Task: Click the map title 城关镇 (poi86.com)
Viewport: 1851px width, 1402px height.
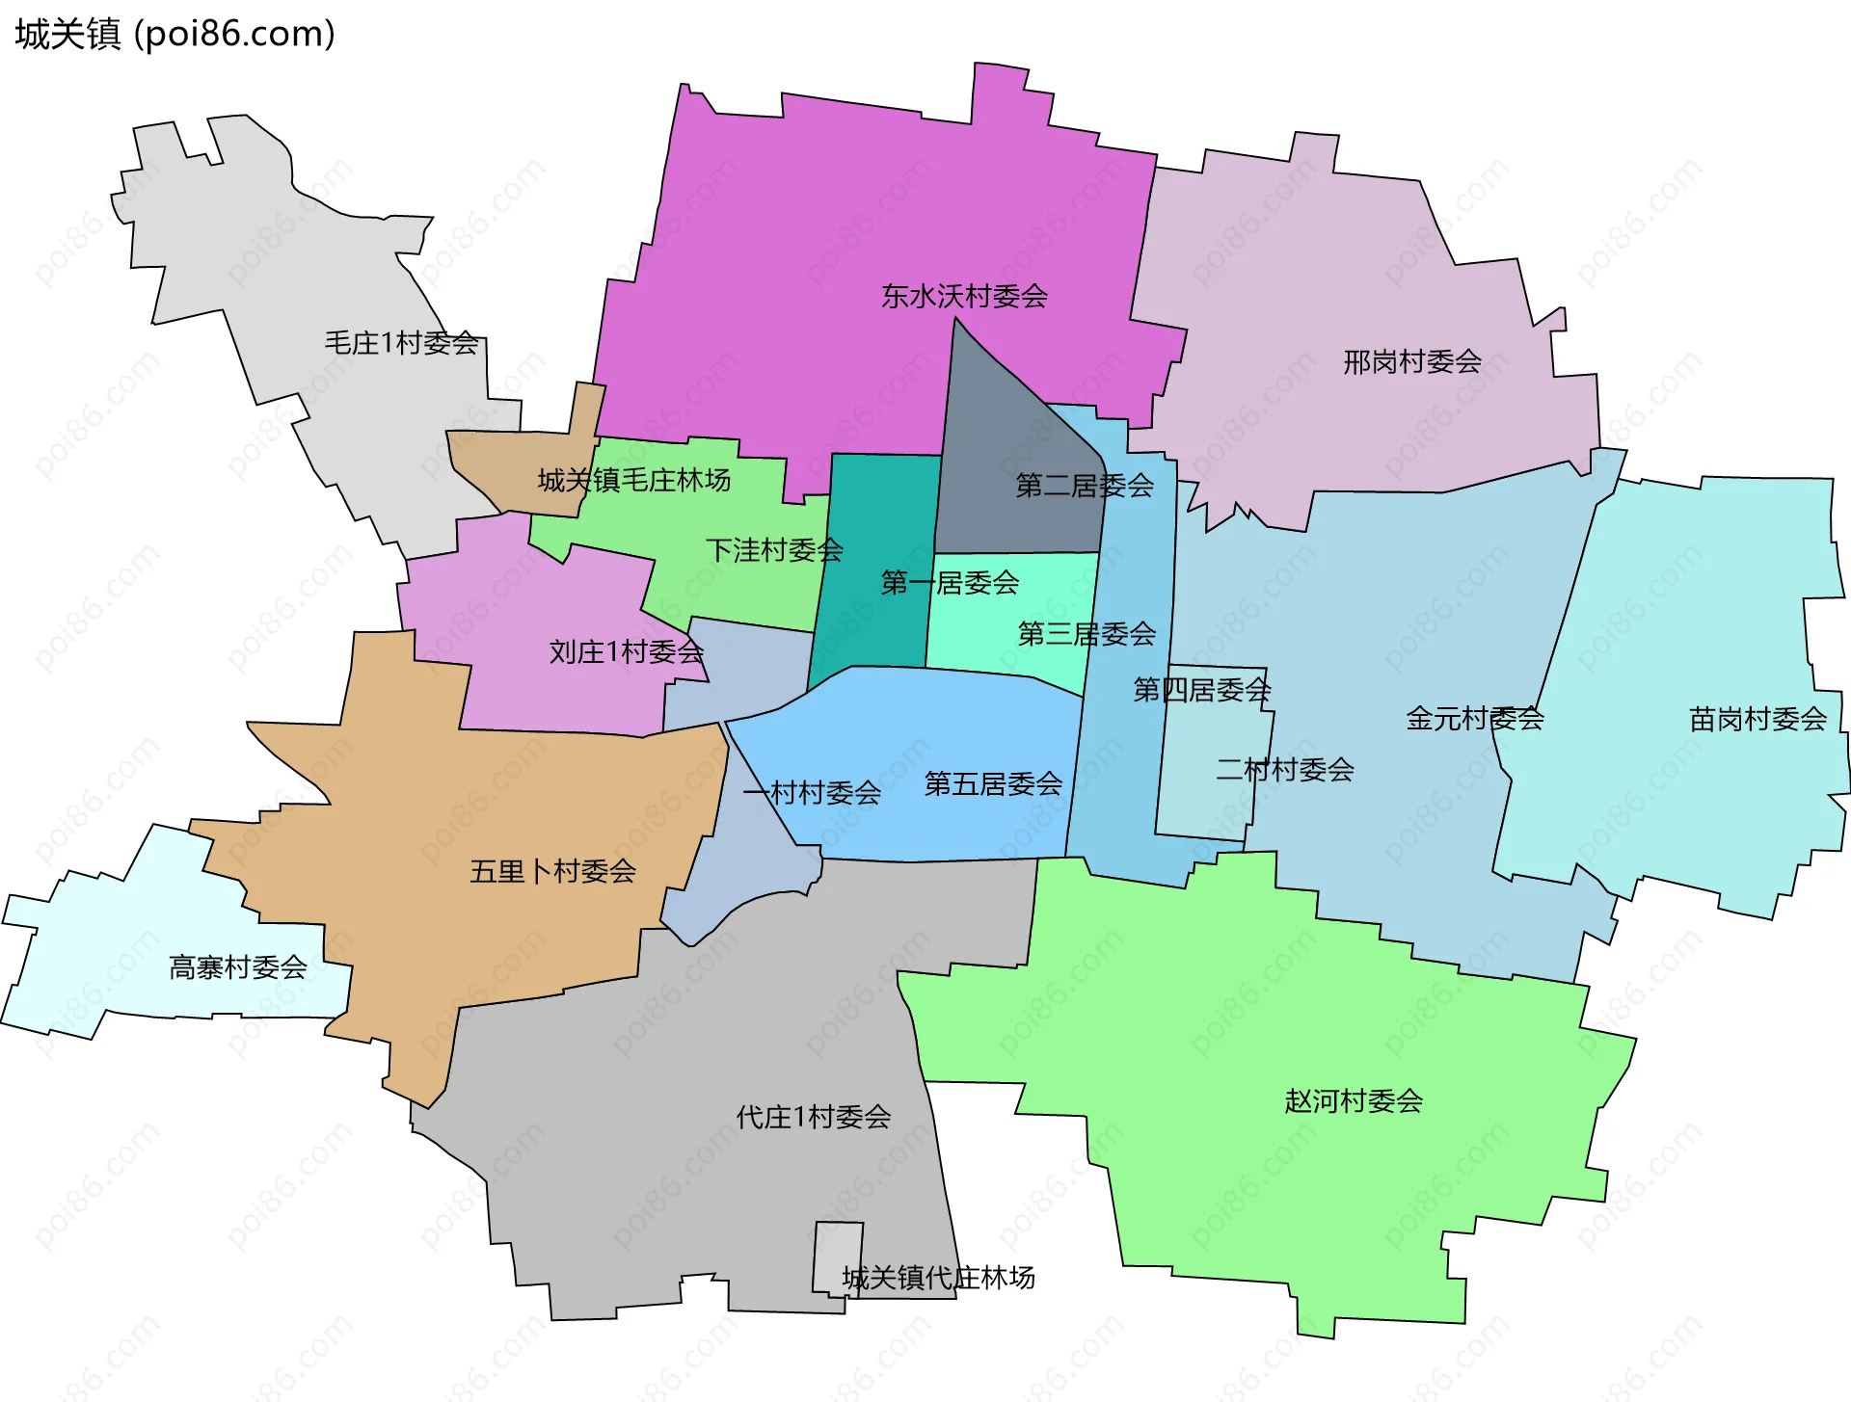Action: pos(174,34)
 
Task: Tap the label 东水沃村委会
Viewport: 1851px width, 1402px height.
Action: pos(964,296)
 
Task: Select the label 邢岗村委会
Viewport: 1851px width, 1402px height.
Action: pos(1412,361)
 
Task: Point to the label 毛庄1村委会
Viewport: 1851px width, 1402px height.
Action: pos(401,342)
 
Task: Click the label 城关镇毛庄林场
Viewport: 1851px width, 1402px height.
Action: pos(633,479)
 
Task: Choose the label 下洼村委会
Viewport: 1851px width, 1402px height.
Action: pos(774,549)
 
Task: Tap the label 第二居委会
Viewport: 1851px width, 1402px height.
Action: pos(1085,485)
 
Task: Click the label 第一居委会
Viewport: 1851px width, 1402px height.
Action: pos(950,582)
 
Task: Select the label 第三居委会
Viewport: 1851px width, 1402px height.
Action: pos(1086,633)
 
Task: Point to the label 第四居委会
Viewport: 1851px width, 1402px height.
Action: pos(1201,689)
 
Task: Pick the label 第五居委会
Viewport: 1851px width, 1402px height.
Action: pos(993,783)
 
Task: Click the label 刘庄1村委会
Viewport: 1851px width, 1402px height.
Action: pos(626,651)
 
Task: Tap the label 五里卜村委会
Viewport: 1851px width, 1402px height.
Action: pos(552,871)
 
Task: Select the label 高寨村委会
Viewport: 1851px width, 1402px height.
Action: pos(237,966)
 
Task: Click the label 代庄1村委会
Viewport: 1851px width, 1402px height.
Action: pos(813,1117)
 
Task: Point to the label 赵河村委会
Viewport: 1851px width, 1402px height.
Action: pos(1354,1100)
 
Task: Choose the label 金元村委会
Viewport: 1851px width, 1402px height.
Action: pos(1475,718)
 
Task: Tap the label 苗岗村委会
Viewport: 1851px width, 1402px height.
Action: pos(1757,718)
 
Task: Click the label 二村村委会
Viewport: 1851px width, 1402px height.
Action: pos(1285,769)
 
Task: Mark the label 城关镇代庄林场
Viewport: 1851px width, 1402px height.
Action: pos(938,1278)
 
